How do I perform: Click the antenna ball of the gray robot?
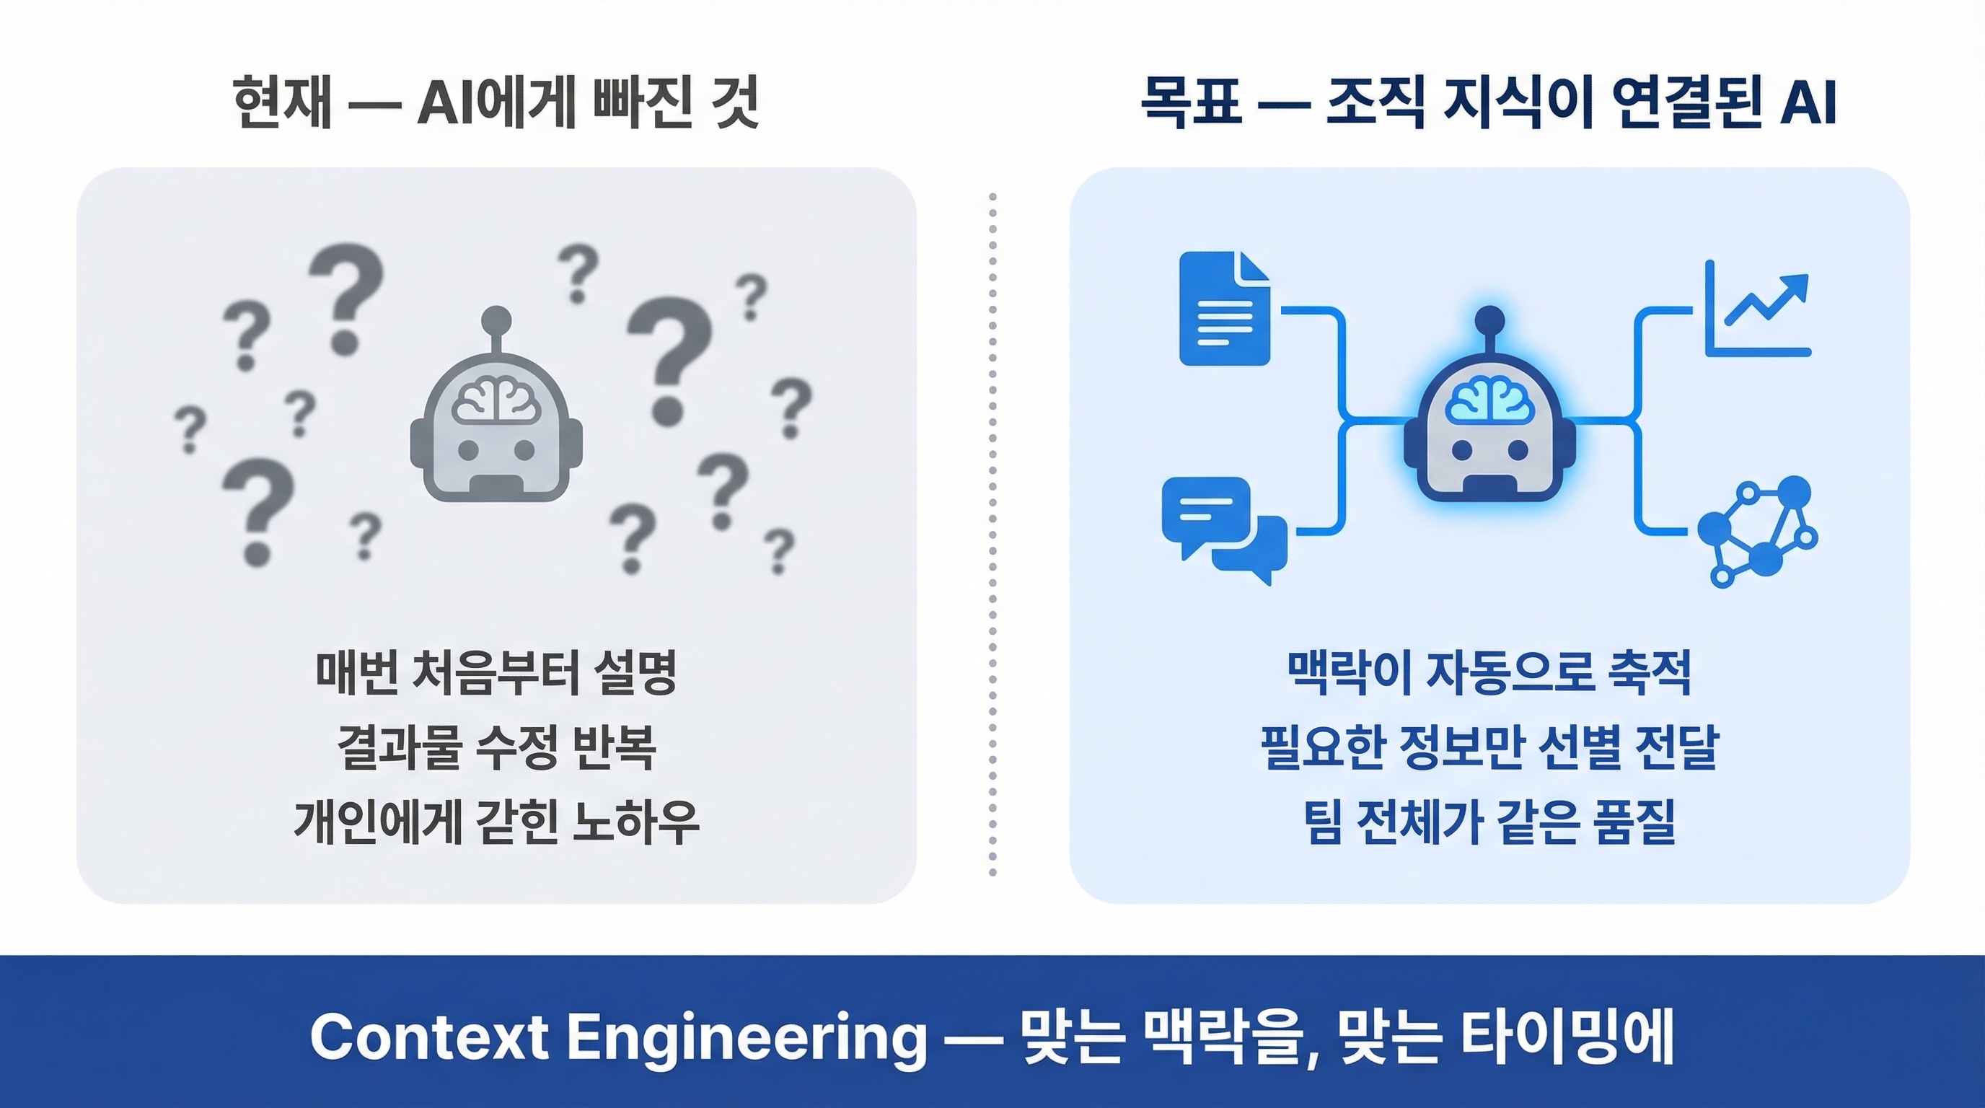[x=496, y=319]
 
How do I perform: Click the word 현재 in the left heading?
[x=282, y=102]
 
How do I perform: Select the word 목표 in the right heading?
[x=1192, y=102]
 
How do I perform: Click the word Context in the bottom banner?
[x=429, y=1037]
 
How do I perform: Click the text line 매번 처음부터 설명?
[x=496, y=672]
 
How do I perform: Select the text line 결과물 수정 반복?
[x=496, y=747]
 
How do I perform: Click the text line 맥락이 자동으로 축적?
[x=1489, y=672]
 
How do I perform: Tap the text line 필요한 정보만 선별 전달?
[x=1489, y=747]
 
